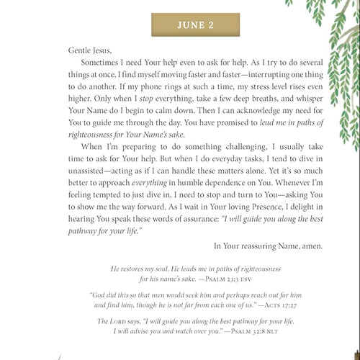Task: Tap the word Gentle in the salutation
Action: tap(60, 52)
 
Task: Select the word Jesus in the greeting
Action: tap(88, 52)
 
